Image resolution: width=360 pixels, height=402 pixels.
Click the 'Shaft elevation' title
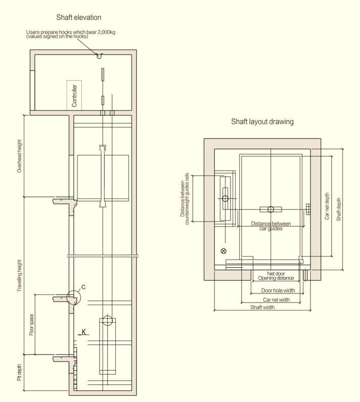point(78,18)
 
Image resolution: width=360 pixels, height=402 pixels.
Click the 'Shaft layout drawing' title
point(262,122)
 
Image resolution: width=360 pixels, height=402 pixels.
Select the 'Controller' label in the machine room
point(74,95)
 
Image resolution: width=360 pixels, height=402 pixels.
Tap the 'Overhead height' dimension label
point(20,156)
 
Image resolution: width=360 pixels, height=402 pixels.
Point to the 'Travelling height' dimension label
point(20,276)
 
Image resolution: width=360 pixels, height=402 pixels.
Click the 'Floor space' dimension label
point(31,325)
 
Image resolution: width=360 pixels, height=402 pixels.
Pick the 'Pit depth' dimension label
point(20,372)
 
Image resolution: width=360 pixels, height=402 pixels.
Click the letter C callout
point(83,287)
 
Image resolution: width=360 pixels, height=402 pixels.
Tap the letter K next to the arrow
point(84,332)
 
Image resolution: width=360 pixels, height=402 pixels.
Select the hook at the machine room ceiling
point(100,56)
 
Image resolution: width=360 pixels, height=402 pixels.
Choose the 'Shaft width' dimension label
point(262,307)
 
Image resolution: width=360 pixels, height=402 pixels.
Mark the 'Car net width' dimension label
point(276,299)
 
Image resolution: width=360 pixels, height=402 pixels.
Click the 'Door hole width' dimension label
point(278,290)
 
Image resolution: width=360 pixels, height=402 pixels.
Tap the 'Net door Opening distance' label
point(276,276)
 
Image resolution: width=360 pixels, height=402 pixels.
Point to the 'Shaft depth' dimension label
point(339,209)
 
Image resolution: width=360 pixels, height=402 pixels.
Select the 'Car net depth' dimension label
point(327,206)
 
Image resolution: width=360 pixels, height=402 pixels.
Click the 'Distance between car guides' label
point(271,226)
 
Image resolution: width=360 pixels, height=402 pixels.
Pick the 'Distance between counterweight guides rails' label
point(185,198)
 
